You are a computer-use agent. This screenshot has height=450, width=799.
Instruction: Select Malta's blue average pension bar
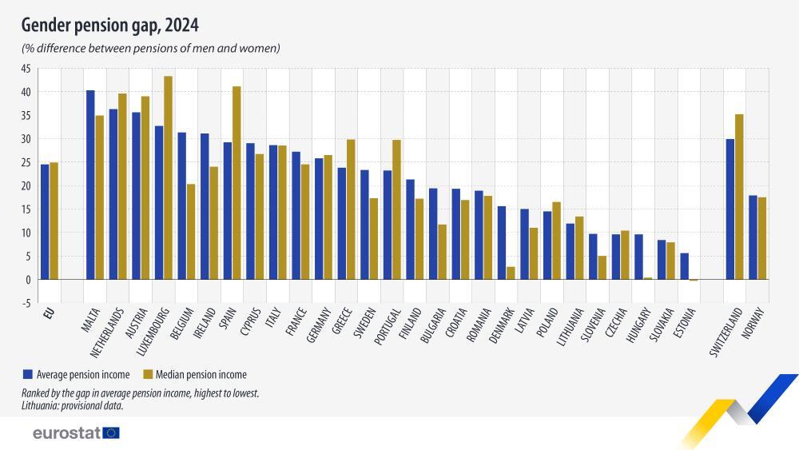point(90,185)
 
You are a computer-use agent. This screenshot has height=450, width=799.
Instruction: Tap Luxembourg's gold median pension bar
point(168,177)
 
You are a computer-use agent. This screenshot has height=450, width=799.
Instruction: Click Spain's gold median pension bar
point(237,183)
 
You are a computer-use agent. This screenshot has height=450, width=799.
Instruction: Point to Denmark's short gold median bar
point(510,273)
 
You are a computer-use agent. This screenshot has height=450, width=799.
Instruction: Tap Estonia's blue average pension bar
point(684,266)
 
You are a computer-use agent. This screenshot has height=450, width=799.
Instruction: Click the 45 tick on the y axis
point(26,69)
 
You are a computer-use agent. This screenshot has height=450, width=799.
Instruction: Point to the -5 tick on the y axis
point(26,303)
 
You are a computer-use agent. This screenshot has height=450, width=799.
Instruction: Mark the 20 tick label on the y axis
point(26,186)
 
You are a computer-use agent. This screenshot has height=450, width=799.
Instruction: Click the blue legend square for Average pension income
point(27,373)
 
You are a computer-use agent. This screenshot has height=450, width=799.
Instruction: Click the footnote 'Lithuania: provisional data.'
point(72,405)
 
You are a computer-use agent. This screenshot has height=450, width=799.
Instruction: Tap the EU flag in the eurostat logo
point(111,432)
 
